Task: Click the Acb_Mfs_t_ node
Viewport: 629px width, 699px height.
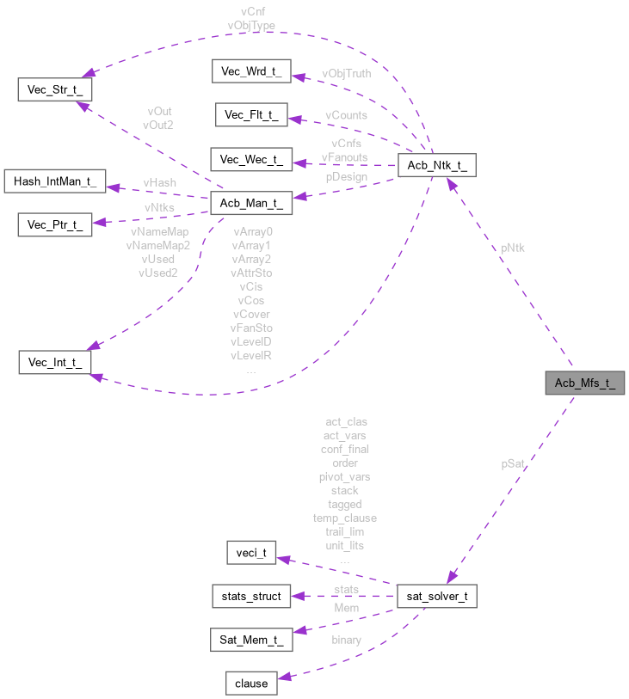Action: [x=584, y=383]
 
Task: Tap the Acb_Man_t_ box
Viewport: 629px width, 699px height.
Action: [x=251, y=203]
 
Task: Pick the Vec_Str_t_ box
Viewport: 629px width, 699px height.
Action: [x=54, y=89]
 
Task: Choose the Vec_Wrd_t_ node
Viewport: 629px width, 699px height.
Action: [x=251, y=71]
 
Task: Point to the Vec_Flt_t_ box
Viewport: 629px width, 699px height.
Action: [x=251, y=115]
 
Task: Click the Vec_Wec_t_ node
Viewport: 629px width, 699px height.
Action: [x=251, y=159]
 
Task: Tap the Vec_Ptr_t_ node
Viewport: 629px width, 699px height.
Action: [x=54, y=225]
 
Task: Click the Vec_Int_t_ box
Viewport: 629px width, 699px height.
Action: [x=54, y=362]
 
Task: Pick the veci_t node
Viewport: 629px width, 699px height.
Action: [x=251, y=553]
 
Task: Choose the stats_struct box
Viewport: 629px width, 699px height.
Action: [x=251, y=596]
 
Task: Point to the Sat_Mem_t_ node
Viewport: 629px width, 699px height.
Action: [x=251, y=640]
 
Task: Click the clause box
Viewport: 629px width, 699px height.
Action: [x=251, y=684]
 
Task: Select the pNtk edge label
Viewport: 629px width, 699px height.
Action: [x=513, y=248]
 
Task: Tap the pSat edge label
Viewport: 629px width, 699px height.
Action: [x=513, y=464]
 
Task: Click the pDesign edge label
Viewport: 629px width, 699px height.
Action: [x=346, y=177]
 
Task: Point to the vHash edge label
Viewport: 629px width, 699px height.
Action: [x=160, y=183]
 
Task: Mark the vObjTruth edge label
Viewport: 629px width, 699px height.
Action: [x=347, y=74]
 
